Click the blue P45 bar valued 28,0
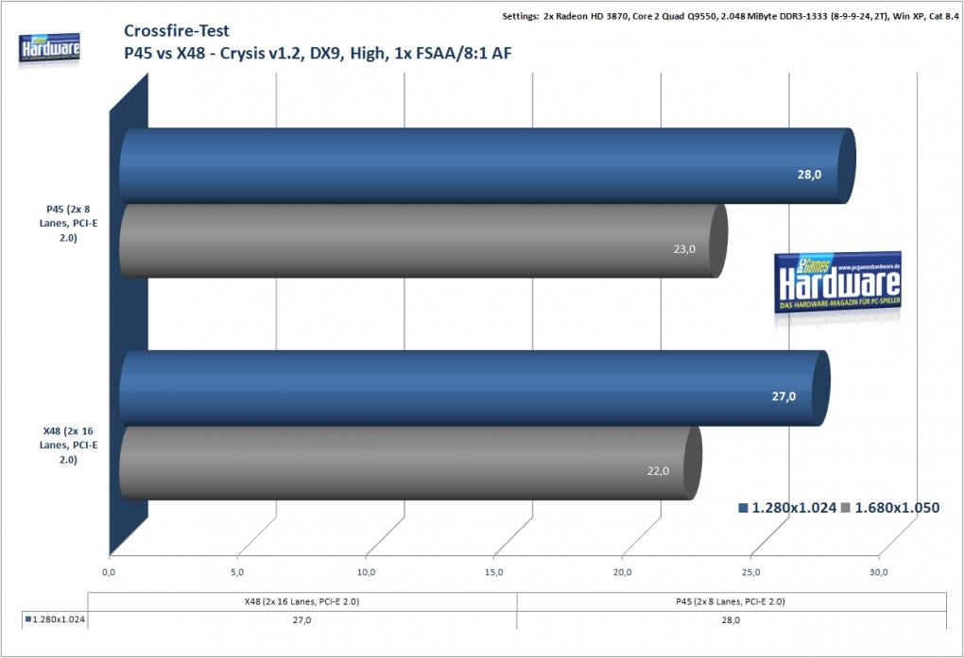click(487, 166)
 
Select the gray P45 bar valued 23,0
click(423, 240)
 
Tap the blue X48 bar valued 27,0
click(474, 388)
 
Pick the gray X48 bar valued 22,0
click(410, 463)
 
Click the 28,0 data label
click(809, 175)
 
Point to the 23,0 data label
click(684, 249)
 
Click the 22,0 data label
click(658, 471)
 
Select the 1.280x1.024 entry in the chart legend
click(787, 508)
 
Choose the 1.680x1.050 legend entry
click(890, 508)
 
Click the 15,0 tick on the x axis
click(493, 573)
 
